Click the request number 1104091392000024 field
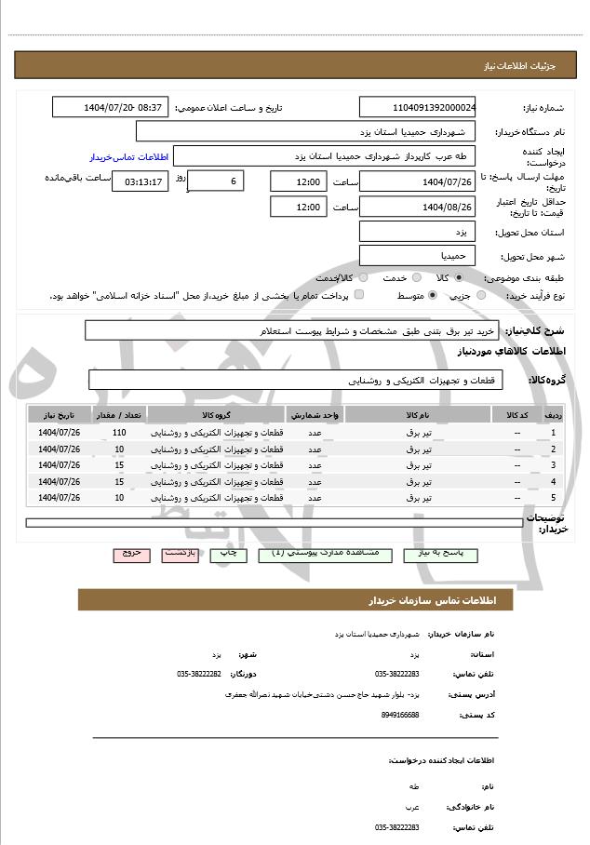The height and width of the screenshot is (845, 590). pyautogui.click(x=418, y=107)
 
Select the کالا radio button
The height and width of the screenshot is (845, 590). pyautogui.click(x=458, y=277)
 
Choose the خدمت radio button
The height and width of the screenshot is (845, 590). pyautogui.click(x=415, y=277)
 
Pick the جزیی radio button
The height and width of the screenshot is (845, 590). pyautogui.click(x=481, y=295)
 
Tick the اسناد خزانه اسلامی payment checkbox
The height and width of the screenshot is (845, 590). pyautogui.click(x=358, y=295)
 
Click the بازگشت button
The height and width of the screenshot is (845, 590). pyautogui.click(x=180, y=554)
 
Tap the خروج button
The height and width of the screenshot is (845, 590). pyautogui.click(x=131, y=554)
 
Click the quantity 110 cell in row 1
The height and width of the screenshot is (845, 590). pyautogui.click(x=119, y=433)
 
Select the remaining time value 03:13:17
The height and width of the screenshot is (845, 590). pyautogui.click(x=140, y=181)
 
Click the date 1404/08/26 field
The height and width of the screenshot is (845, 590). pyautogui.click(x=418, y=207)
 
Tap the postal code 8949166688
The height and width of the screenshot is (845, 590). pyautogui.click(x=399, y=714)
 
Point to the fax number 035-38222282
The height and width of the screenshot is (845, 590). pyautogui.click(x=199, y=674)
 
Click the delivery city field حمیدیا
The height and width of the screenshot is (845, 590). pyautogui.click(x=418, y=255)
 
